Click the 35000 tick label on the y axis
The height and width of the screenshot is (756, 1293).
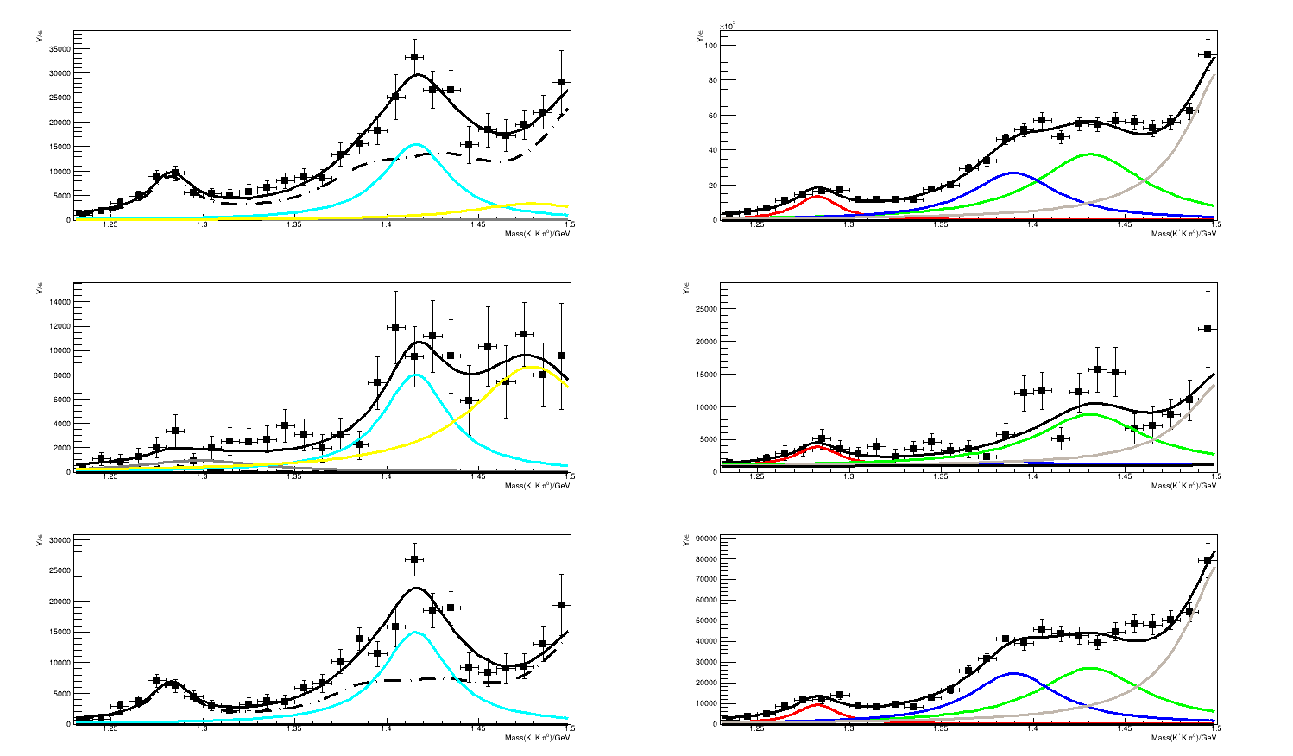tap(60, 49)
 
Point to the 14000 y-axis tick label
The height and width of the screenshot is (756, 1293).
tap(60, 302)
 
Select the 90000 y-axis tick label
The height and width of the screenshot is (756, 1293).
tap(705, 539)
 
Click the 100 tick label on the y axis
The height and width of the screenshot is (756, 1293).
tap(712, 45)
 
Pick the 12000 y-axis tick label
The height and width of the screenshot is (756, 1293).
tap(60, 326)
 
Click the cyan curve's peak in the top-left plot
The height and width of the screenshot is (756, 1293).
tap(416, 144)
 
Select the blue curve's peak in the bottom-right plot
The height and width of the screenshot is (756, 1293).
tap(1012, 673)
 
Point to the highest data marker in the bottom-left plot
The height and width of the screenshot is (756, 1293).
tap(414, 559)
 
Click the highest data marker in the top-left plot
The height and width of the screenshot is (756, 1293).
tap(414, 57)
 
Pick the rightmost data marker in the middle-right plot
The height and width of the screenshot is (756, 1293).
tap(1208, 328)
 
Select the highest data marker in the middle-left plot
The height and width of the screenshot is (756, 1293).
tap(395, 327)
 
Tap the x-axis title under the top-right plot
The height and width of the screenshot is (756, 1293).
tap(1183, 233)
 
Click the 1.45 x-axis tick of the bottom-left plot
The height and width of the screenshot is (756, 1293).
tap(478, 731)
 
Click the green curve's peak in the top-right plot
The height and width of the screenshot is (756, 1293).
tap(1090, 154)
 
